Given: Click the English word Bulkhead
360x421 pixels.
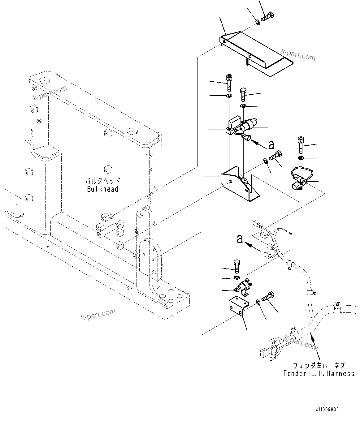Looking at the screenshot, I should pyautogui.click(x=102, y=189).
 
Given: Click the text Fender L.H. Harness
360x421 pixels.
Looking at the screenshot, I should pyautogui.click(x=319, y=373).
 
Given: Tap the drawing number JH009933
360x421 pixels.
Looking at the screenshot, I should pyautogui.click(x=327, y=409).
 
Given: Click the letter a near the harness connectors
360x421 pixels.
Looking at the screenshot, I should pyautogui.click(x=240, y=238).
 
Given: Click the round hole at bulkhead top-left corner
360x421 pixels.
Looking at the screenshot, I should pyautogui.click(x=44, y=81).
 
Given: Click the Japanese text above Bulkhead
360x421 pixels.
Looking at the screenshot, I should pyautogui.click(x=102, y=181).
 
